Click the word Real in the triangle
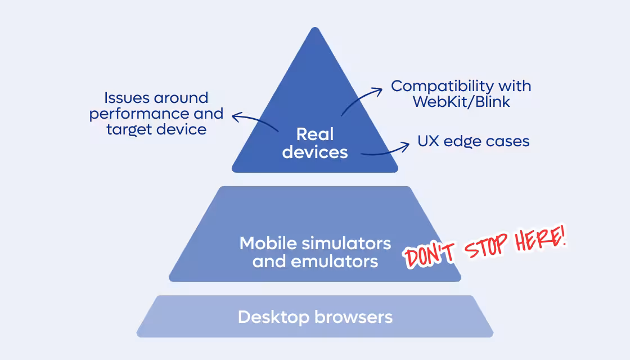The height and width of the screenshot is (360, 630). (x=315, y=134)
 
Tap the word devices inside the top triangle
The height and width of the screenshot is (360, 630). (x=315, y=152)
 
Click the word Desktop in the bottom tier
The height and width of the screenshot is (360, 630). (x=273, y=317)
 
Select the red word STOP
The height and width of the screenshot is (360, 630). (x=484, y=247)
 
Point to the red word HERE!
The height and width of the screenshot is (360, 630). (x=541, y=240)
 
